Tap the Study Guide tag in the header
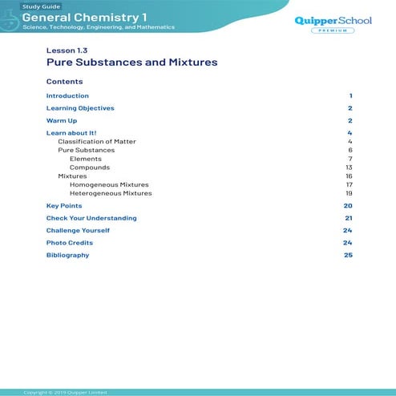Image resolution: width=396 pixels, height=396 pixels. point(39,6)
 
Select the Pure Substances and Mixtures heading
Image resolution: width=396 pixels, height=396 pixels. point(131,62)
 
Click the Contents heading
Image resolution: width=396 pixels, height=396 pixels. point(64,82)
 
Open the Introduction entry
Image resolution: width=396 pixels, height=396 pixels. point(67,96)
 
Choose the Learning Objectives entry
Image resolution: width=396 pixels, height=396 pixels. point(80,108)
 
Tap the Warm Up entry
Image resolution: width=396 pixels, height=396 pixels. point(62,120)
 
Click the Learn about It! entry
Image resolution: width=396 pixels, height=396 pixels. point(71,132)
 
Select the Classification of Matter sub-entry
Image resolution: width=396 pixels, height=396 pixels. point(97,141)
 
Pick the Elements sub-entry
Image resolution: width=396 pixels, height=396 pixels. point(86,159)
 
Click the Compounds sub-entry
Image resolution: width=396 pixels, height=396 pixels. point(90,168)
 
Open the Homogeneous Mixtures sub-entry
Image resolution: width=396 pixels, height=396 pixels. point(109,184)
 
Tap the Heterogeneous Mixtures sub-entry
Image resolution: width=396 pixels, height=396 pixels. point(111,193)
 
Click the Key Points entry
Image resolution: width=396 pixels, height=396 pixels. point(64,206)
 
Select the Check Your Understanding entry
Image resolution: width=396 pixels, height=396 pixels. point(91,218)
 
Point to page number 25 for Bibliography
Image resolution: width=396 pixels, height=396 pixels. point(348,255)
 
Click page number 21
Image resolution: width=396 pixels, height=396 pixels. point(349,218)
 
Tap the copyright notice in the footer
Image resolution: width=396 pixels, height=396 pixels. point(65,392)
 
